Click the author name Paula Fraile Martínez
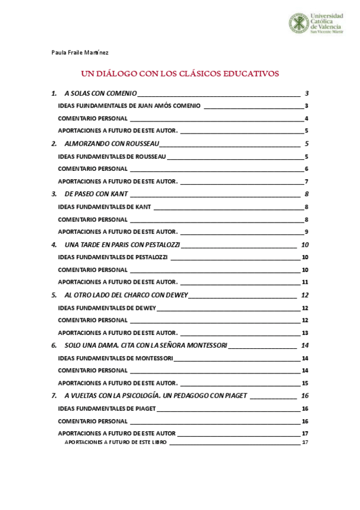pos(80,53)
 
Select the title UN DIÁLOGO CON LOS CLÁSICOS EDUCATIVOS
pos(180,74)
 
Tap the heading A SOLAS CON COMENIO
pos(100,94)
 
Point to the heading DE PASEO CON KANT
pos(96,194)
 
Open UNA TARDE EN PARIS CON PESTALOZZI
pos(122,245)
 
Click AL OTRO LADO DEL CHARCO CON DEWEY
pos(126,295)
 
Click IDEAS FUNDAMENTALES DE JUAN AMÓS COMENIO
pos(130,106)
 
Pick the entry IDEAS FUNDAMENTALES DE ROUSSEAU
pos(112,156)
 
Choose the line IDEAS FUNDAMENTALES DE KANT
pos(104,207)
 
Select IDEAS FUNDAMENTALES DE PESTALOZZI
pos(114,257)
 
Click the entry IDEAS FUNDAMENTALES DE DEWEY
pos(107,308)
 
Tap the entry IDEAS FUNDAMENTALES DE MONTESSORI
pos(115,358)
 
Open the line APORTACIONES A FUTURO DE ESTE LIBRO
pos(116,443)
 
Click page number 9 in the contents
pos(306,232)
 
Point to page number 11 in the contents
pos(305,283)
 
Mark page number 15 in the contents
pos(305,383)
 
